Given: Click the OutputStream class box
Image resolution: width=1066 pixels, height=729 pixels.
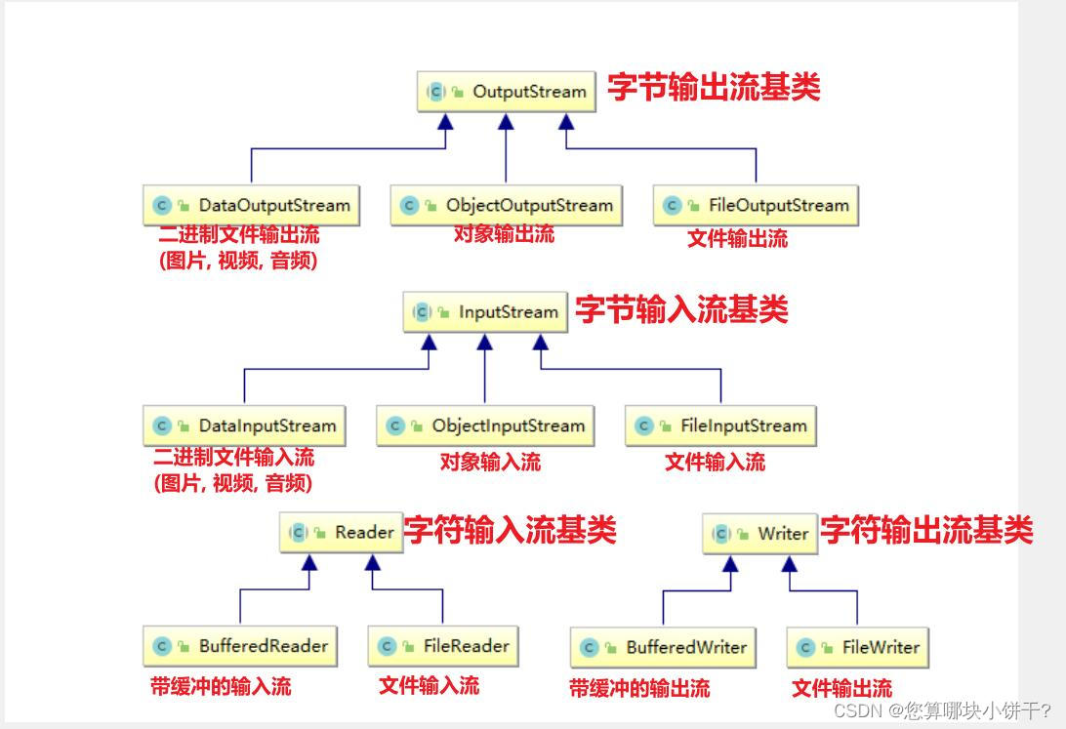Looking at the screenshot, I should pyautogui.click(x=506, y=92).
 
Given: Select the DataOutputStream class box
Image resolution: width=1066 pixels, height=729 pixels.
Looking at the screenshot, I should pyautogui.click(x=251, y=206).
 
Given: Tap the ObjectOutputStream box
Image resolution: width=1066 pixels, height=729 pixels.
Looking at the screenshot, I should pyautogui.click(x=506, y=206).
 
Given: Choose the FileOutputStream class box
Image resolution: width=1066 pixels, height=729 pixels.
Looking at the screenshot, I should pyautogui.click(x=756, y=206).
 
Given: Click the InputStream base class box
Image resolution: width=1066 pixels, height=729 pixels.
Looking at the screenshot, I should pyautogui.click(x=485, y=313).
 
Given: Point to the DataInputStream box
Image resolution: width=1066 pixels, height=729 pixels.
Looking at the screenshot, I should pyautogui.click(x=244, y=426).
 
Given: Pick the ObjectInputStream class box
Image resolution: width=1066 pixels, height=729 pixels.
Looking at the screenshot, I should pyautogui.click(x=485, y=426).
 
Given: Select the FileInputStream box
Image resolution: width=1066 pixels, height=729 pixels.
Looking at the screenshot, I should pyautogui.click(x=721, y=426).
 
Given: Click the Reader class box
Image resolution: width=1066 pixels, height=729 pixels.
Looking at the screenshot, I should pyautogui.click(x=342, y=533).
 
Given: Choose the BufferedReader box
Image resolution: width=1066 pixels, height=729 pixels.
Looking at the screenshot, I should pyautogui.click(x=240, y=646).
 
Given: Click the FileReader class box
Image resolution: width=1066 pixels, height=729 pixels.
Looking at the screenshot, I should pyautogui.click(x=442, y=646).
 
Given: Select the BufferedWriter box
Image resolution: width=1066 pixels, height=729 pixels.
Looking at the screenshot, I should pyautogui.click(x=663, y=647).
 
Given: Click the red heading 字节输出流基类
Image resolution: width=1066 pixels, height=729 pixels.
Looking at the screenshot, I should pyautogui.click(x=714, y=88).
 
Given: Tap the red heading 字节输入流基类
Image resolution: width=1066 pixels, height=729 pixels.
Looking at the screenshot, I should pyautogui.click(x=681, y=310).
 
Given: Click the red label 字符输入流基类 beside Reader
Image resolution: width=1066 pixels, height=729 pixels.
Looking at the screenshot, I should pyautogui.click(x=510, y=531).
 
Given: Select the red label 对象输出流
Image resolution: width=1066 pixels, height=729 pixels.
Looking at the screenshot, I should pyautogui.click(x=504, y=234).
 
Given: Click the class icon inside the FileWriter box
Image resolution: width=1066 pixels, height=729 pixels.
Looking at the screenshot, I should pyautogui.click(x=806, y=648).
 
